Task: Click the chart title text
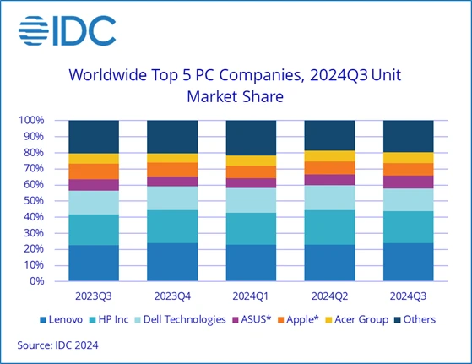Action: point(236,85)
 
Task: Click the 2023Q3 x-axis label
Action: point(94,296)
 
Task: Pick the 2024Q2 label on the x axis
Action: point(329,296)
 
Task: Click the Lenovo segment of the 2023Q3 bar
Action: point(94,263)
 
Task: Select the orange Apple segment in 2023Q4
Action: point(172,170)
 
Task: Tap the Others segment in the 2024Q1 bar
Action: point(251,138)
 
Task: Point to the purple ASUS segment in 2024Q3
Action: point(408,182)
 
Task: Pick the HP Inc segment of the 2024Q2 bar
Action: point(329,227)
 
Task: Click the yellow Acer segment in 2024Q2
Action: point(329,156)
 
